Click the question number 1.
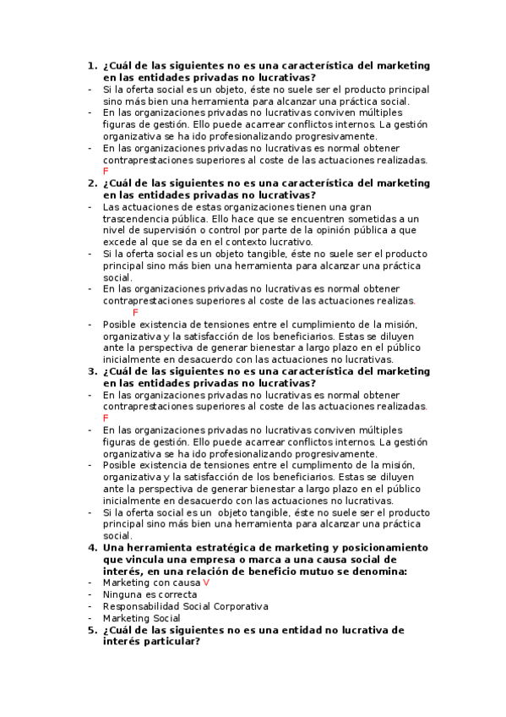(91, 65)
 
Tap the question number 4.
(91, 547)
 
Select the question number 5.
(91, 630)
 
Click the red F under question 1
(106, 171)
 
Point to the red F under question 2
(136, 313)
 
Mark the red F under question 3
(106, 418)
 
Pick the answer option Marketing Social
(141, 618)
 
